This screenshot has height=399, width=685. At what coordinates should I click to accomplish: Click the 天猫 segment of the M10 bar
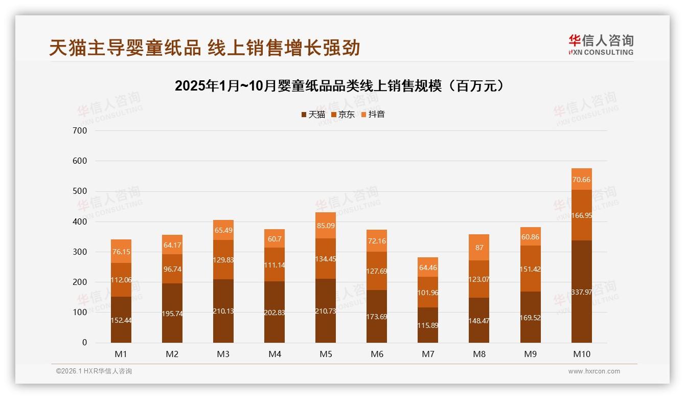581,292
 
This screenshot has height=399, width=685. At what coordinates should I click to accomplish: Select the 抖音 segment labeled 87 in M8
479,248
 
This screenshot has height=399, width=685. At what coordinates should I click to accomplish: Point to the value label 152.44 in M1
121,320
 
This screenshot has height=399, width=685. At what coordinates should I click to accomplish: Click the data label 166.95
581,216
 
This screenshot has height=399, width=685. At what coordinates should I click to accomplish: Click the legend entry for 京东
343,115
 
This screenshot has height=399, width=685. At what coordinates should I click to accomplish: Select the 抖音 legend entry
373,115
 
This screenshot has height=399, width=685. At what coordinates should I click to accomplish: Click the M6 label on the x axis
377,354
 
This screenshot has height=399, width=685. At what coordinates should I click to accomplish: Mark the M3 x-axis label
223,354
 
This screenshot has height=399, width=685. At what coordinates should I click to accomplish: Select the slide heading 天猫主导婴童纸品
204,48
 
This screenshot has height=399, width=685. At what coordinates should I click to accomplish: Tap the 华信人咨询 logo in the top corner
601,45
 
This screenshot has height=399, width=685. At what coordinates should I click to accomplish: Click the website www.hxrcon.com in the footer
594,371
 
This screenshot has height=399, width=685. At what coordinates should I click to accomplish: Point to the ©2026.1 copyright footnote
94,371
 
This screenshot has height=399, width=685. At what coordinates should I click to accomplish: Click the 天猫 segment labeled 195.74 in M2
172,314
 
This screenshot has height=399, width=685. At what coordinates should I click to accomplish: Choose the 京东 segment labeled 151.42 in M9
530,269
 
